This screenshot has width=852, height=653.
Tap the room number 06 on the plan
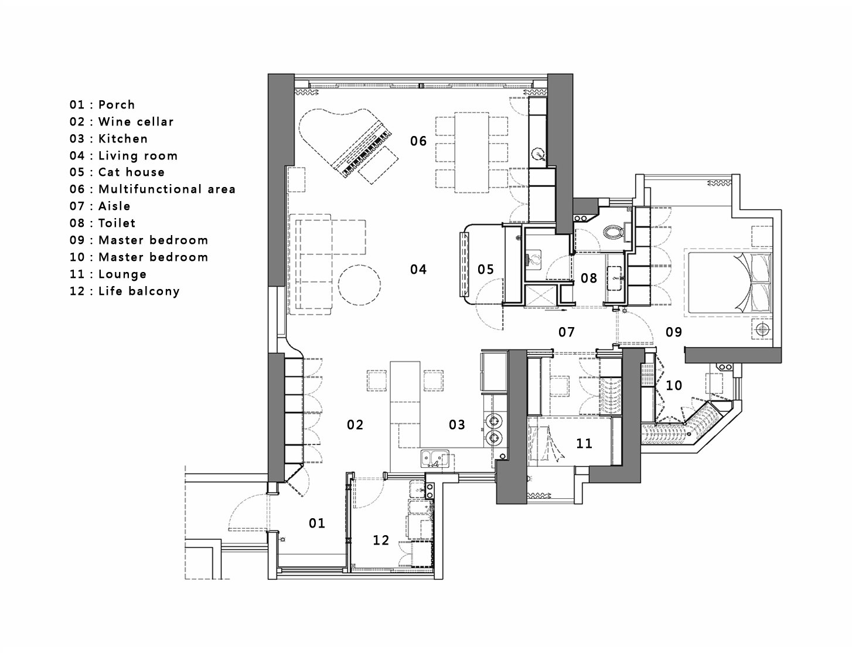pos(418,141)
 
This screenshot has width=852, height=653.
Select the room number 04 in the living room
pos(418,270)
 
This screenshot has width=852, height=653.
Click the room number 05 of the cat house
pos(486,270)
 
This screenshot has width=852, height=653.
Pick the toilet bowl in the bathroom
pos(613,231)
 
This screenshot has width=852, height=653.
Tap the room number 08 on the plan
pos(589,278)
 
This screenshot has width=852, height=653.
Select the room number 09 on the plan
pos(674,332)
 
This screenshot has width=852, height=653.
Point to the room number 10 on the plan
pos(674,386)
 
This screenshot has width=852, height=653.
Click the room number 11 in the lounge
pos(584,444)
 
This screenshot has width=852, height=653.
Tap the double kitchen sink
pos(434,458)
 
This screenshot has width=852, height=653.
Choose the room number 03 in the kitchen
pos(457,425)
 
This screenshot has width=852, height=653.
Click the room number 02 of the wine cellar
pos(355,425)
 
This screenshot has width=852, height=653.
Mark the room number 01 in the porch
pos(317,523)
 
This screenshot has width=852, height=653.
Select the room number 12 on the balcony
pos(381,540)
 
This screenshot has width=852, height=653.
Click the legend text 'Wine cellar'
pos(136,122)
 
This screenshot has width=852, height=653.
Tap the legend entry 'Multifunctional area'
pos(166,189)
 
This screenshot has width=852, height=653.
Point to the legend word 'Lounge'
pos(122,274)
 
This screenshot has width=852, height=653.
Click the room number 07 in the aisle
pos(567,332)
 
